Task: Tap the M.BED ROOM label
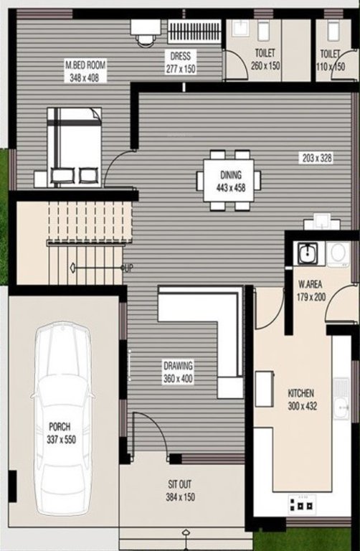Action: click(x=85, y=70)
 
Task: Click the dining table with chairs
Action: click(x=229, y=180)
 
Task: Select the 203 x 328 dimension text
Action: click(x=316, y=158)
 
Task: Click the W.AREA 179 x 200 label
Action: click(x=313, y=290)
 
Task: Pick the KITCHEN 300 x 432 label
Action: click(x=302, y=400)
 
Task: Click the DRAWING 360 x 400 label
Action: click(x=177, y=372)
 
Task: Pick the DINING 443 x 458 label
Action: click(x=230, y=180)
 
